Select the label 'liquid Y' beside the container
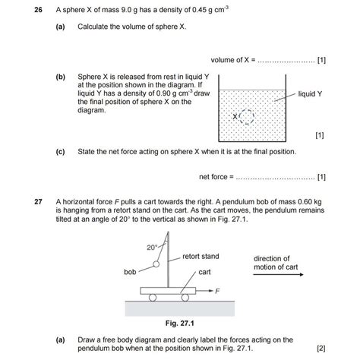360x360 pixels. (311, 93)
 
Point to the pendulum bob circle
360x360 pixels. (156, 265)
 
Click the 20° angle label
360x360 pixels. (151, 248)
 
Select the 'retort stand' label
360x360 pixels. (201, 257)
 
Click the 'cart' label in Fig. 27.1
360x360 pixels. (204, 271)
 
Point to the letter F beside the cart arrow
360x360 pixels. (218, 291)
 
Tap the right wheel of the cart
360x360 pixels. (196, 298)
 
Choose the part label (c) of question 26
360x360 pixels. (60, 152)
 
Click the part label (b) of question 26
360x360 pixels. (60, 77)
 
